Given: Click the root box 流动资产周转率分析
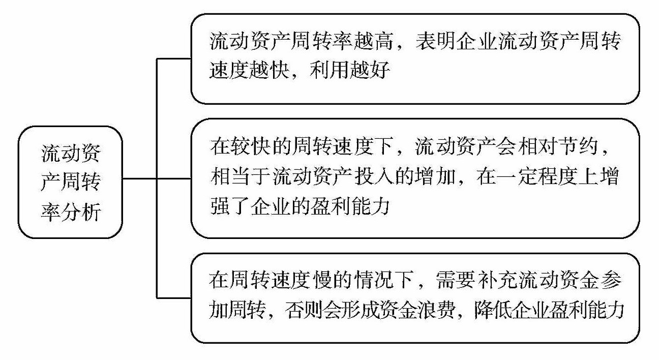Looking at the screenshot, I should point(71,182).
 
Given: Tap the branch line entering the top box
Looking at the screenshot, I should point(174,59).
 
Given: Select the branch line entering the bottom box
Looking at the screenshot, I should point(174,297).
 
